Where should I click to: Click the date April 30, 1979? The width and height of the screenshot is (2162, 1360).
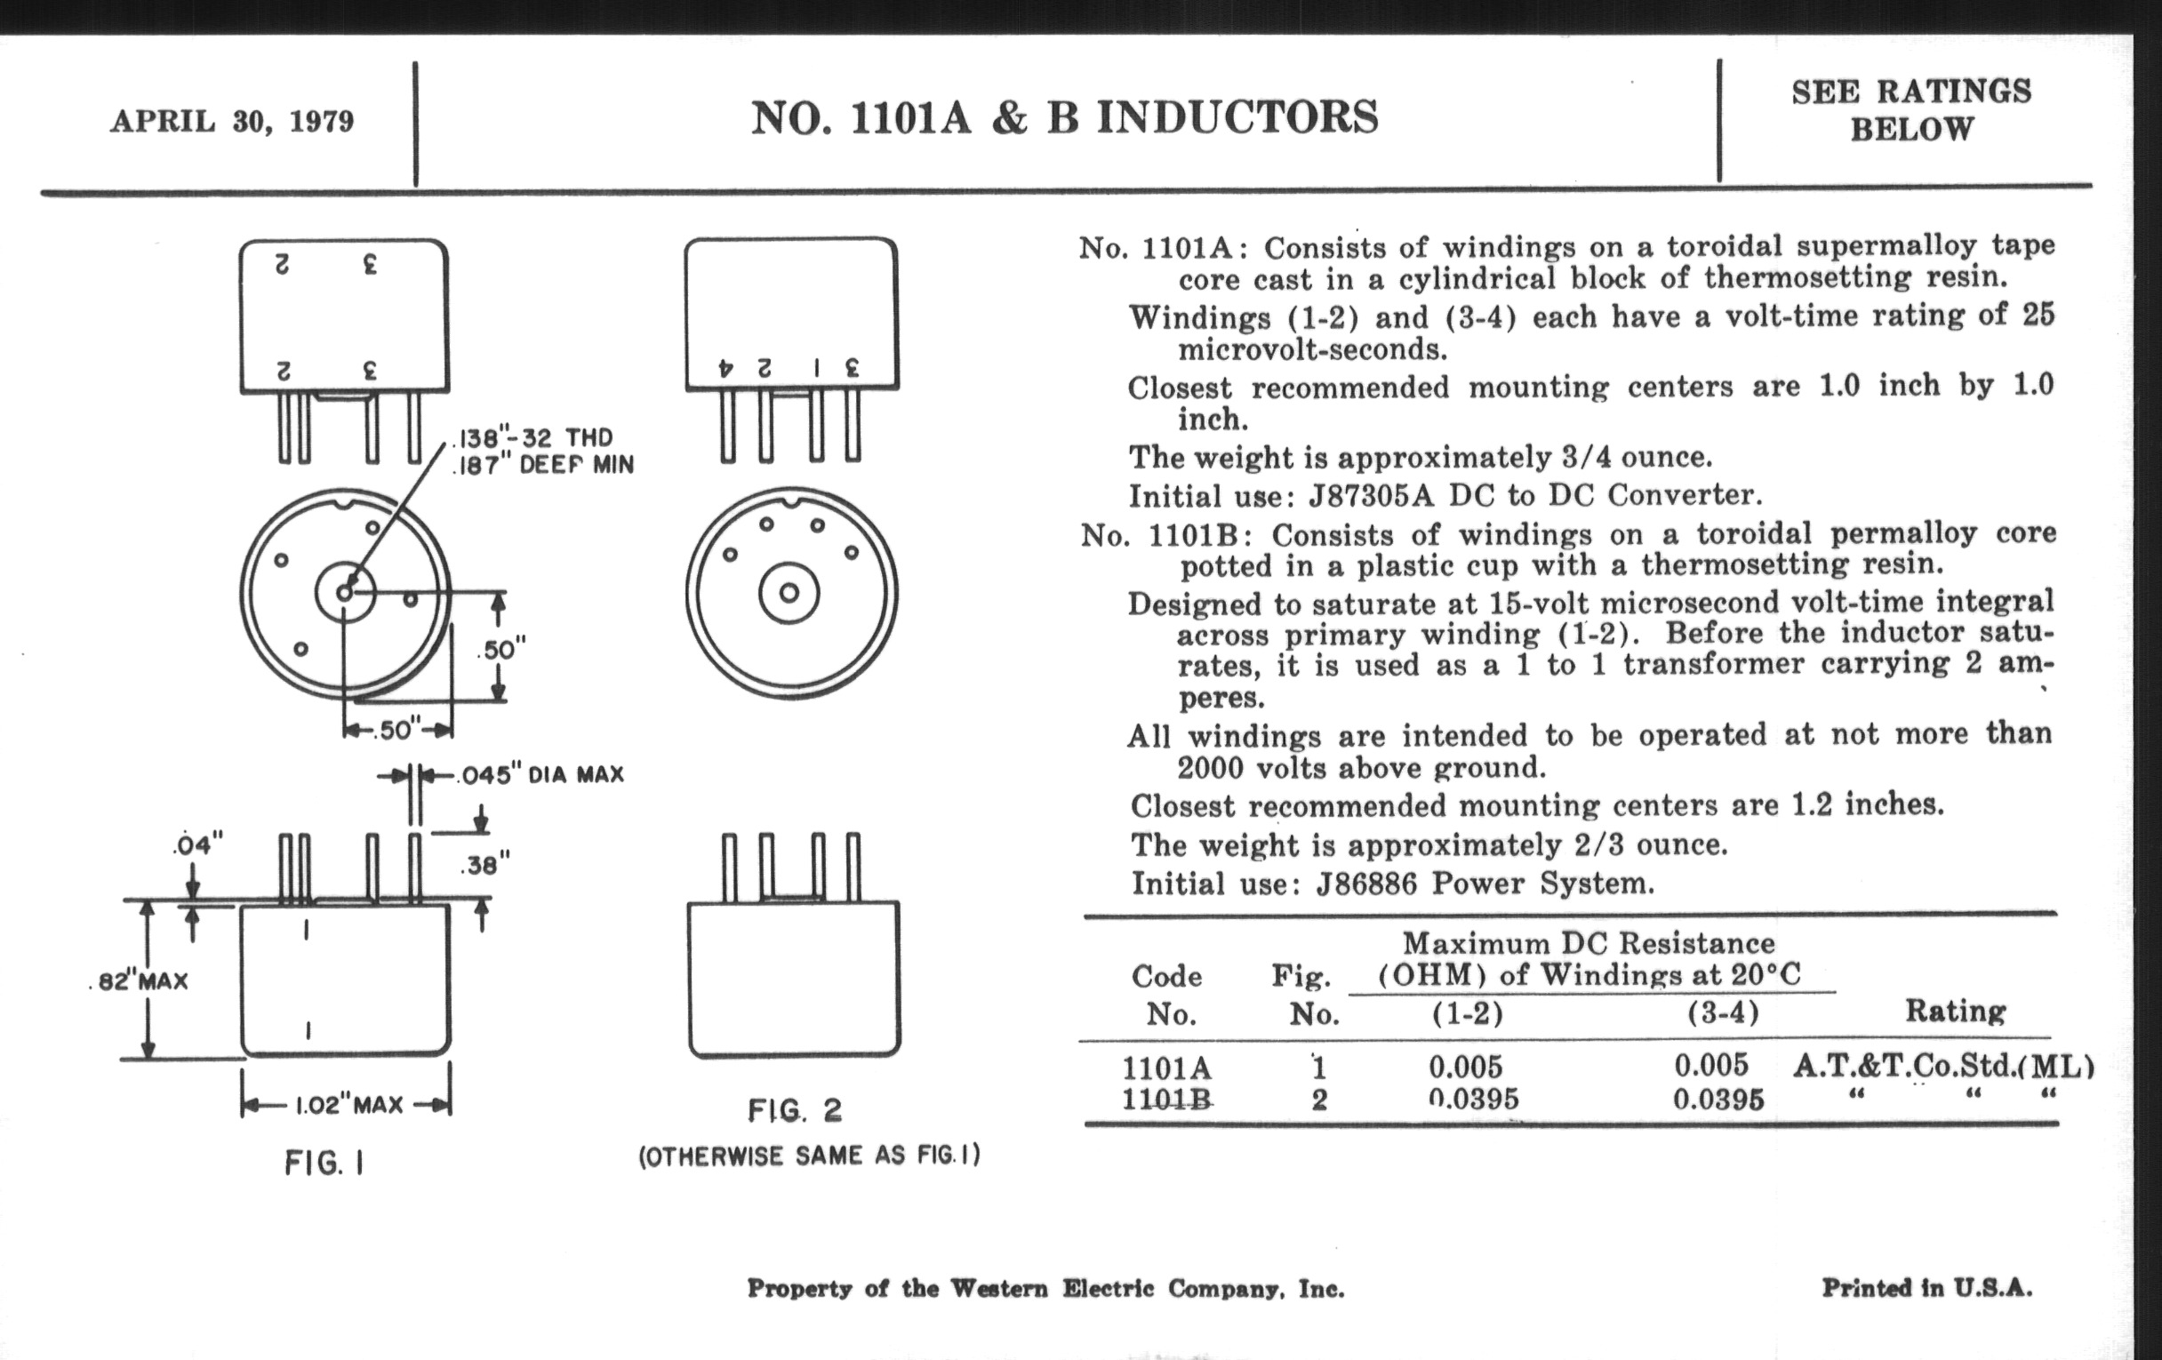click(232, 121)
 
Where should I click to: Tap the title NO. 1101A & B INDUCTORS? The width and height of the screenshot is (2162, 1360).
click(1064, 117)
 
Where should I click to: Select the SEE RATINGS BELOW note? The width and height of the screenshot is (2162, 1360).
click(1910, 110)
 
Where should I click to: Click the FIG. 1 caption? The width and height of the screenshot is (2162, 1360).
click(324, 1164)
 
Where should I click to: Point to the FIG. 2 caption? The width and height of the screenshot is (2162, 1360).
click(795, 1111)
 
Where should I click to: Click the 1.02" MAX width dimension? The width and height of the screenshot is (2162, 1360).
click(348, 1104)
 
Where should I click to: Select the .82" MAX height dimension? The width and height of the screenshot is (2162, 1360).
click(140, 980)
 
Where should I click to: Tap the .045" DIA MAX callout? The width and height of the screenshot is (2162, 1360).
click(540, 775)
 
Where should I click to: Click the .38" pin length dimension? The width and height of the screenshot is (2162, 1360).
click(484, 867)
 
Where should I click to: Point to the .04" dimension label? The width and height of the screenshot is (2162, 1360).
click(196, 844)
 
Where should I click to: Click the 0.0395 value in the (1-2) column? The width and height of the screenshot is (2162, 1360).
click(1472, 1099)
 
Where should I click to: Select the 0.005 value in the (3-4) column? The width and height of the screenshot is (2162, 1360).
click(1711, 1066)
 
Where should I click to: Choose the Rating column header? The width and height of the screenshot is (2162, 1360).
click(1955, 1012)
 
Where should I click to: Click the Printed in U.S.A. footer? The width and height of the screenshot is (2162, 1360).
click(1926, 1288)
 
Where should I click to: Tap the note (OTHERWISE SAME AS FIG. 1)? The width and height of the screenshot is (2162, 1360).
click(809, 1156)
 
